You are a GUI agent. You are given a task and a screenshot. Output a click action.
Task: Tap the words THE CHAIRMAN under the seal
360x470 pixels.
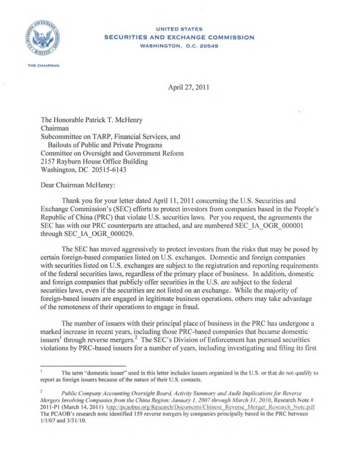coord(44,65)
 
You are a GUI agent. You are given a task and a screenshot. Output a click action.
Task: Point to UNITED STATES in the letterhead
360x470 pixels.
coord(179,29)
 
